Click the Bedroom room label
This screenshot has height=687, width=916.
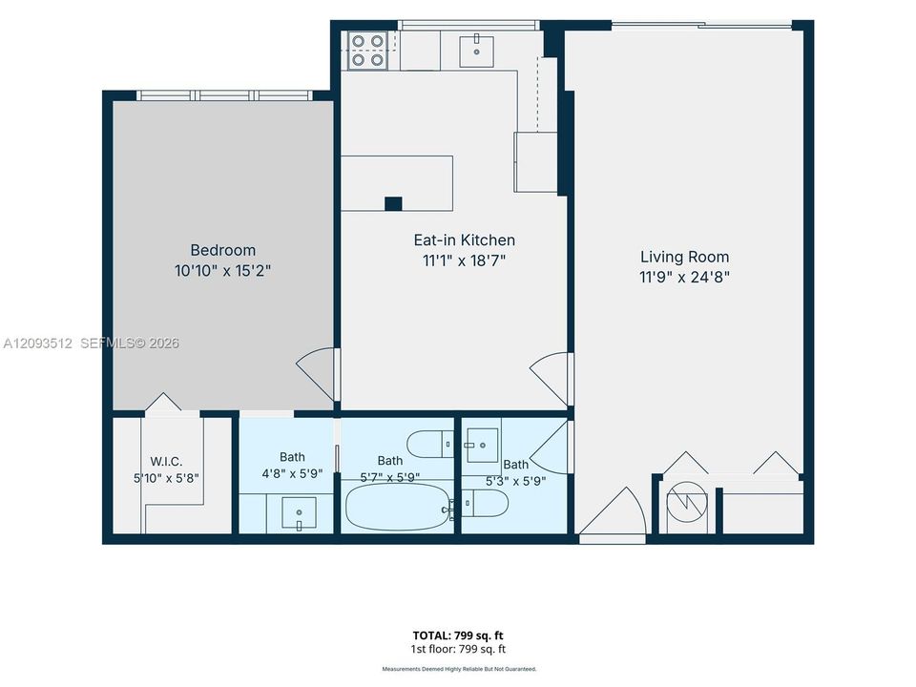pyautogui.click(x=223, y=250)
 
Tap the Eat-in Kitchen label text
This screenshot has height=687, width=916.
pyautogui.click(x=465, y=240)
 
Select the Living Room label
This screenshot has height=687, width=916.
pyautogui.click(x=685, y=257)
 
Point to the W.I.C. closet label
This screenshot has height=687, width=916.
pyautogui.click(x=166, y=462)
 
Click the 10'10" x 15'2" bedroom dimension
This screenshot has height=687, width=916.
pyautogui.click(x=223, y=270)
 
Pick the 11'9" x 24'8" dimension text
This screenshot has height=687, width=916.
pyautogui.click(x=685, y=277)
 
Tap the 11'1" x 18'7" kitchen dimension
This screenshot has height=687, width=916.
pyautogui.click(x=465, y=260)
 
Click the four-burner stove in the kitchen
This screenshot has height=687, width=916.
pyautogui.click(x=367, y=51)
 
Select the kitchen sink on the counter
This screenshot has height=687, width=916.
pyautogui.click(x=477, y=52)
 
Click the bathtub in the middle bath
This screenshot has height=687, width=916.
pyautogui.click(x=398, y=507)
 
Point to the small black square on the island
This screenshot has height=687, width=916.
pyautogui.click(x=393, y=204)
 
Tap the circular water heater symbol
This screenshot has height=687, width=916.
pyautogui.click(x=687, y=502)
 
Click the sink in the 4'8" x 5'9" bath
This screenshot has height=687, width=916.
pyautogui.click(x=299, y=513)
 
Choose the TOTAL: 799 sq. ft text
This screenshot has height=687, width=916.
pyautogui.click(x=458, y=635)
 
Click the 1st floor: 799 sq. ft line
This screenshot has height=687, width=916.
pyautogui.click(x=458, y=649)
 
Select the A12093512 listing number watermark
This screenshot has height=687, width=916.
pyautogui.click(x=37, y=343)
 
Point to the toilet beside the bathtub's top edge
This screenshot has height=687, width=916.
pyautogui.click(x=430, y=444)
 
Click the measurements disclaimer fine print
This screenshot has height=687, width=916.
pyautogui.click(x=459, y=669)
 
